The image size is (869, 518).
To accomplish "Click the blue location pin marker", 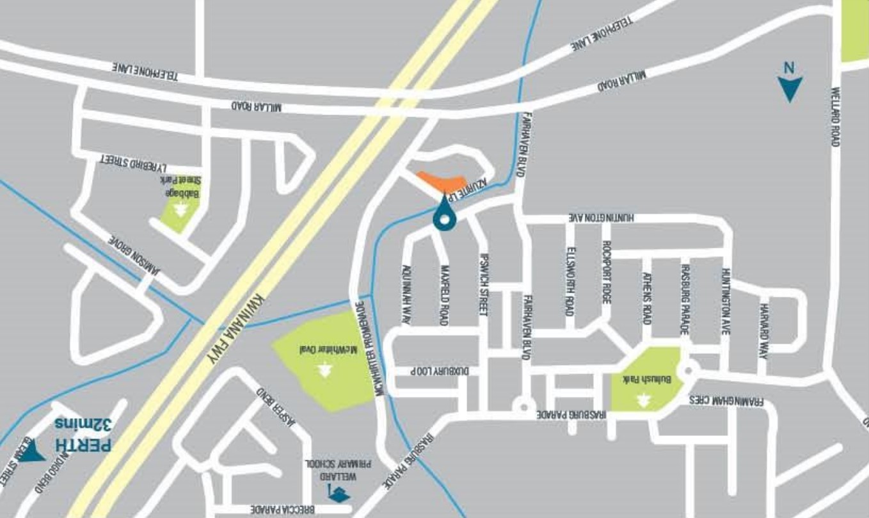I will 443,213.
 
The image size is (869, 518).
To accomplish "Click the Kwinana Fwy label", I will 237,329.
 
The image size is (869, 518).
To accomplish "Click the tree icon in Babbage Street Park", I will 182,209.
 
